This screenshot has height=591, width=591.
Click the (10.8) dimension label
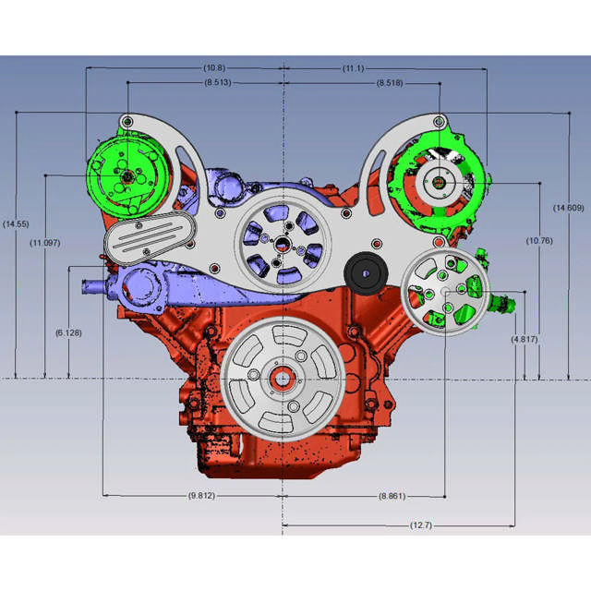214,68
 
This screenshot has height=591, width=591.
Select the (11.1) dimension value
351,68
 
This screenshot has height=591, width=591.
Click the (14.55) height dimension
16,224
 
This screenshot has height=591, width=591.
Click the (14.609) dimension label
568,208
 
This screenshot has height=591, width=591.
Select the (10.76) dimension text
539,242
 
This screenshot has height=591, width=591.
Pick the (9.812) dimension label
203,496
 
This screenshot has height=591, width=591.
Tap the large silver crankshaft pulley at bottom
278,378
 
